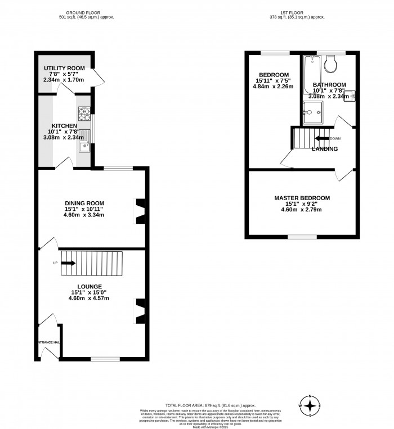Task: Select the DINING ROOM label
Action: coord(84,203)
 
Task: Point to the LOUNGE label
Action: coord(89,286)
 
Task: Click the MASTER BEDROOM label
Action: coord(302,198)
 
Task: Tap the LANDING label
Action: coord(325,149)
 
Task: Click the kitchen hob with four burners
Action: coord(84,115)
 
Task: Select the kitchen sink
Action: coord(84,141)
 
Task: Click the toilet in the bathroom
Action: coord(330,65)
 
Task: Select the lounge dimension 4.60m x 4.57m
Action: coord(89,298)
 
